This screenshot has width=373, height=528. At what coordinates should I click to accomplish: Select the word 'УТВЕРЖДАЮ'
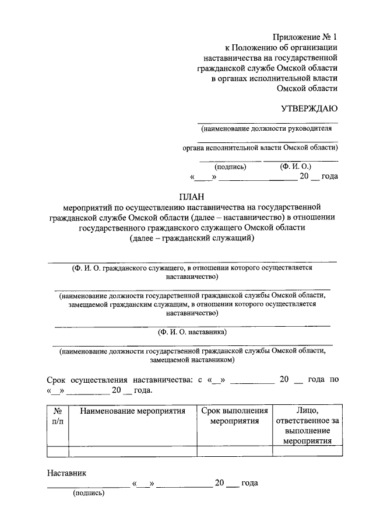pos(309,108)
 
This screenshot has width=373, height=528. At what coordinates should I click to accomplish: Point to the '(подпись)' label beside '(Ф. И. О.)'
pos(231,167)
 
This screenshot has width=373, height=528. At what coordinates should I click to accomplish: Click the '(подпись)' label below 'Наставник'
pos(89,493)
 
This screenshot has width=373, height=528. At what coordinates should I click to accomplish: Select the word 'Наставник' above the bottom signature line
pos(67,473)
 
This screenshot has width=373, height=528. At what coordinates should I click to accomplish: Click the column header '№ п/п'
pos(58,416)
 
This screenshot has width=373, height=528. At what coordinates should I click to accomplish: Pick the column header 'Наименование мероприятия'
pos(133,411)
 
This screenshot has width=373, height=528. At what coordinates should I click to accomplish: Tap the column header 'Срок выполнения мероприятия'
pos(234,416)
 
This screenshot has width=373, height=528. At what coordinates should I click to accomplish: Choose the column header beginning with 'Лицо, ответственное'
pos(307,426)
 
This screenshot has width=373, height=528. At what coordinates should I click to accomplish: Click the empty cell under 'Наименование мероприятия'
pos(133,450)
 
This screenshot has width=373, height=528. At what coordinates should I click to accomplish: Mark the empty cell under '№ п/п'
pos(58,450)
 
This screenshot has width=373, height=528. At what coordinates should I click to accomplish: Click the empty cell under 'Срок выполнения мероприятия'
pos(234,450)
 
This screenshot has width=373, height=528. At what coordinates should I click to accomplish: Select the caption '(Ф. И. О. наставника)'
pos(192,333)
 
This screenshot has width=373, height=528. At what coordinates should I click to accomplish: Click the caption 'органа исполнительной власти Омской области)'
pos(261,148)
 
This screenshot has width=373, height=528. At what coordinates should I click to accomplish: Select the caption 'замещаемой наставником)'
pos(192,360)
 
